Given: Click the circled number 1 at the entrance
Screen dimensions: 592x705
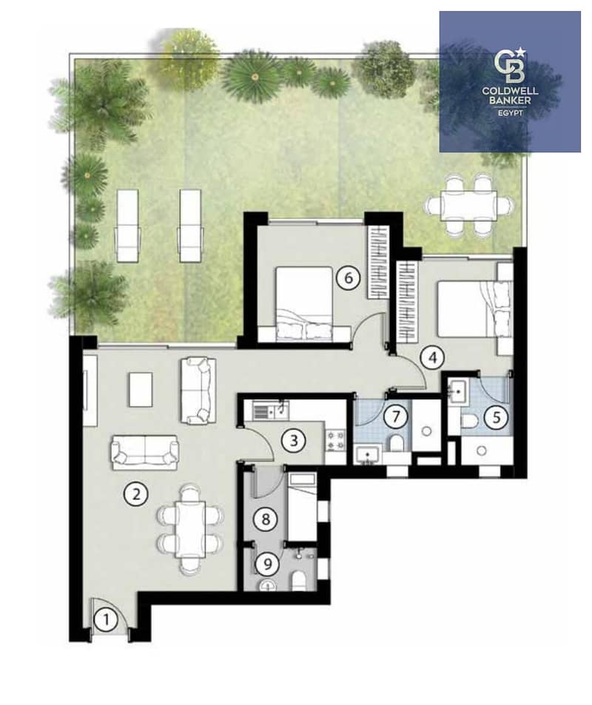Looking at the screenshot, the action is [106, 621].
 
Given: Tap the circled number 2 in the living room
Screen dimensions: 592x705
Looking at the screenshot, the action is [136, 494].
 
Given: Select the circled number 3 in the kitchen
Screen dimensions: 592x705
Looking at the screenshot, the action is [294, 440].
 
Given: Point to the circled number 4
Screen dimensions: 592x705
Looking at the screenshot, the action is [433, 358].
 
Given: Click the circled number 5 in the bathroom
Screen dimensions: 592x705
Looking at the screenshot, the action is [497, 418].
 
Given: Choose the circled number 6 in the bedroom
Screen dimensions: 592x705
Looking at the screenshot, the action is [349, 278].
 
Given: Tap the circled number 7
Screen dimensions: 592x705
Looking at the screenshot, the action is [395, 416].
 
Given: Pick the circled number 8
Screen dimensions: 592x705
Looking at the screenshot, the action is [266, 519].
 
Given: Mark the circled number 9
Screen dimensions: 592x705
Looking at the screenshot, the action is [268, 564].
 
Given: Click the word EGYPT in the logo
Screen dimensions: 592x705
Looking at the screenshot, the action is [510, 113].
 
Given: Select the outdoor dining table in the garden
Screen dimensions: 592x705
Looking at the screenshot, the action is [469, 205].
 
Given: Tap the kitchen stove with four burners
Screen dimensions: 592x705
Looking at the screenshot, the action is [335, 440].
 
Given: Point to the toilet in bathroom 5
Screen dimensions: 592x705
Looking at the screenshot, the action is [469, 422].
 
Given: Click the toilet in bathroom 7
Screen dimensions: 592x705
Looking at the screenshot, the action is [397, 443].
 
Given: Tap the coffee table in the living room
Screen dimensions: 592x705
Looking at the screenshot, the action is [141, 389].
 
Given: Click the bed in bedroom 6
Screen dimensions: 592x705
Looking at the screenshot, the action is [304, 302].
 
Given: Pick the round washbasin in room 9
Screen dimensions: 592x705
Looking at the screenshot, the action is [268, 585].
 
